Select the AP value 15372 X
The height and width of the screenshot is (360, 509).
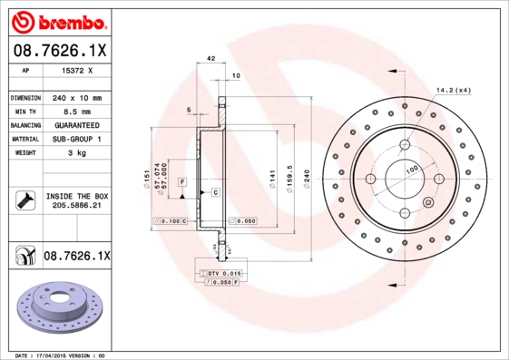[76, 69]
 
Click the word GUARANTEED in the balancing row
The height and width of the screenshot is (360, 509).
[76, 125]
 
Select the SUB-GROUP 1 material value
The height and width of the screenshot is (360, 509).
[76, 139]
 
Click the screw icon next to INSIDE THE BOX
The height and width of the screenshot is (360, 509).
[23, 200]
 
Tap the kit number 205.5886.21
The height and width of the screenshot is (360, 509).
[76, 207]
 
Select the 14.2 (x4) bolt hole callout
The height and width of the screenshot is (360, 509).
[455, 90]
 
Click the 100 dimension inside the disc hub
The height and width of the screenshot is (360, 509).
[412, 169]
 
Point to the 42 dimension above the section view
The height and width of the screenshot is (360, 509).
[210, 58]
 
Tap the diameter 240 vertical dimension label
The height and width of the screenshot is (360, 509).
[307, 173]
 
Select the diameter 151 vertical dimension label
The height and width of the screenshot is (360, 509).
[146, 173]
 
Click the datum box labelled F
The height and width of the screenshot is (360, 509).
[182, 183]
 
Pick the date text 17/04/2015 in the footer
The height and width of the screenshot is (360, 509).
[67, 355]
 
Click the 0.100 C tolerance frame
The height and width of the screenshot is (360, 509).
[170, 220]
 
